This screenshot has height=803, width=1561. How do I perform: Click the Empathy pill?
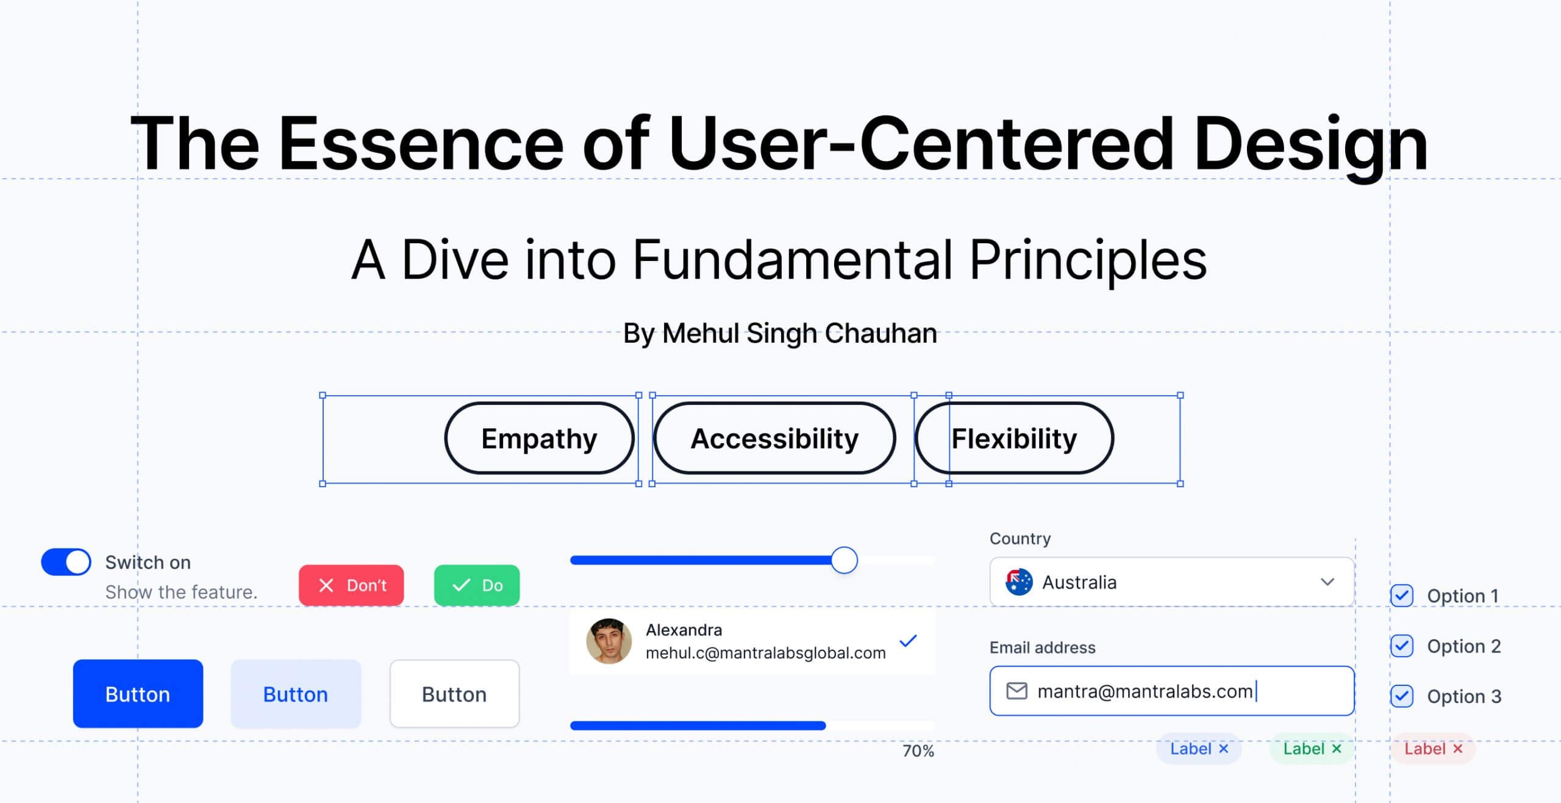540,438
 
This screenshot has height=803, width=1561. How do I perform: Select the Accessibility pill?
774,438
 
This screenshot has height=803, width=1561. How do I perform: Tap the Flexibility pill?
1014,438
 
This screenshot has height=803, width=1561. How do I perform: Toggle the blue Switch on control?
66,562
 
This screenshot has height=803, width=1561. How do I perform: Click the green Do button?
477,585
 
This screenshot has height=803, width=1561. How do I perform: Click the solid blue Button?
138,694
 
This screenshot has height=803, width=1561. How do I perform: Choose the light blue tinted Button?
296,694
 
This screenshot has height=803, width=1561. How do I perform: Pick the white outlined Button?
454,694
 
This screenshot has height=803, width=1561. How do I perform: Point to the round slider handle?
845,560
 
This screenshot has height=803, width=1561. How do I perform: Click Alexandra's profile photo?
609,641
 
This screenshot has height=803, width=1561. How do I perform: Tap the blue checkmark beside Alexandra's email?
908,641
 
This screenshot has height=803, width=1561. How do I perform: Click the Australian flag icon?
1019,582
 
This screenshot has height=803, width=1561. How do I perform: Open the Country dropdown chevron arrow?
1327,582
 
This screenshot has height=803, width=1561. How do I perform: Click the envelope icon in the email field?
1016,691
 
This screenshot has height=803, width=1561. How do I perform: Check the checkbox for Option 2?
1402,646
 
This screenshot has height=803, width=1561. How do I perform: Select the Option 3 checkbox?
1402,696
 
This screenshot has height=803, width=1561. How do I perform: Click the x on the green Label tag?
1337,748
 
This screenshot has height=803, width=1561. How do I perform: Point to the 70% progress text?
918,751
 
